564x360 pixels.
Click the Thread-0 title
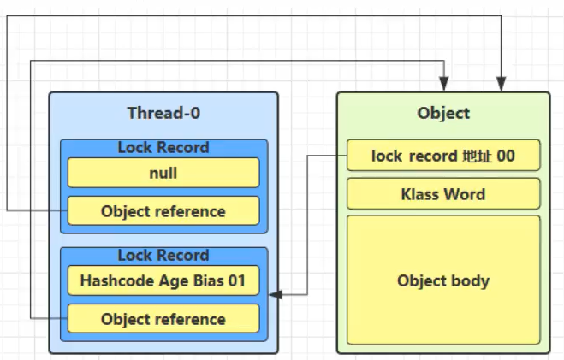tap(163, 113)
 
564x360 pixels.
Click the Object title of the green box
tap(443, 113)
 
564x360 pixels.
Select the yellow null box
tap(163, 173)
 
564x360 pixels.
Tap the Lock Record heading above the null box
tap(163, 148)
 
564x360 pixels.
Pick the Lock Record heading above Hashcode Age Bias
tap(163, 255)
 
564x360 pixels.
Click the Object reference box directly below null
tap(163, 211)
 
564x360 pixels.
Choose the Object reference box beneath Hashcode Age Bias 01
tap(163, 319)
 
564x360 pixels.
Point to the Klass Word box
tap(443, 194)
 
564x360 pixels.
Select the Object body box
tap(443, 280)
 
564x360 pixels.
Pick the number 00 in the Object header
tap(506, 156)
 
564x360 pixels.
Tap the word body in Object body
tap(471, 280)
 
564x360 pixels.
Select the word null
tap(163, 173)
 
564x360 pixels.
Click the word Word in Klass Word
tap(466, 194)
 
